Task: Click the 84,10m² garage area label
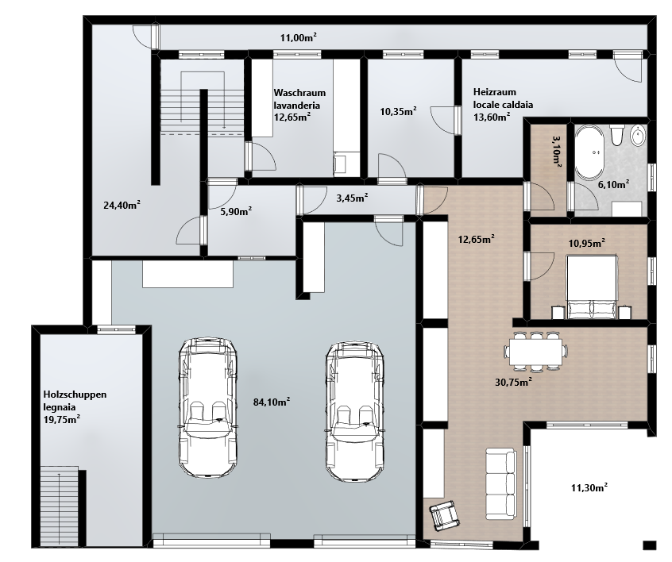[272, 402]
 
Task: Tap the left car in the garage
[207, 408]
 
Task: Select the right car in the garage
[354, 411]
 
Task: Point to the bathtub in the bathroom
[589, 152]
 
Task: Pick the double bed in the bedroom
[592, 287]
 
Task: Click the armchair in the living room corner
[445, 514]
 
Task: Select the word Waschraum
[299, 93]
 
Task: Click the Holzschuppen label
[75, 395]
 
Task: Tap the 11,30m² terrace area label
[589, 487]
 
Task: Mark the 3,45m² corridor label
[353, 198]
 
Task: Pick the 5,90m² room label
[236, 211]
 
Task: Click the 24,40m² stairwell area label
[122, 205]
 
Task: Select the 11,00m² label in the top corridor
[299, 37]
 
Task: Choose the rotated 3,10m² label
[557, 151]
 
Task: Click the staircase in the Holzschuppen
[60, 507]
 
